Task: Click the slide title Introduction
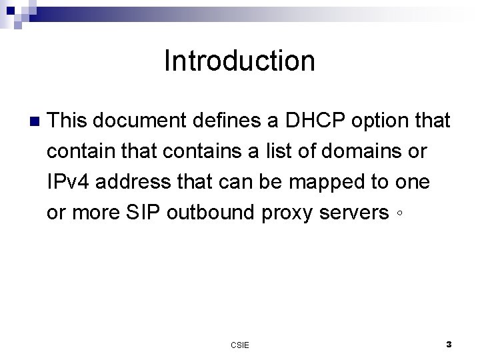coord(239,61)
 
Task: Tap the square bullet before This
coord(35,122)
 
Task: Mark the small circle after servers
coord(397,215)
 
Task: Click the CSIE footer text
coord(240,345)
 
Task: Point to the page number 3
coord(449,345)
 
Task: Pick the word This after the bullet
coord(69,121)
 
